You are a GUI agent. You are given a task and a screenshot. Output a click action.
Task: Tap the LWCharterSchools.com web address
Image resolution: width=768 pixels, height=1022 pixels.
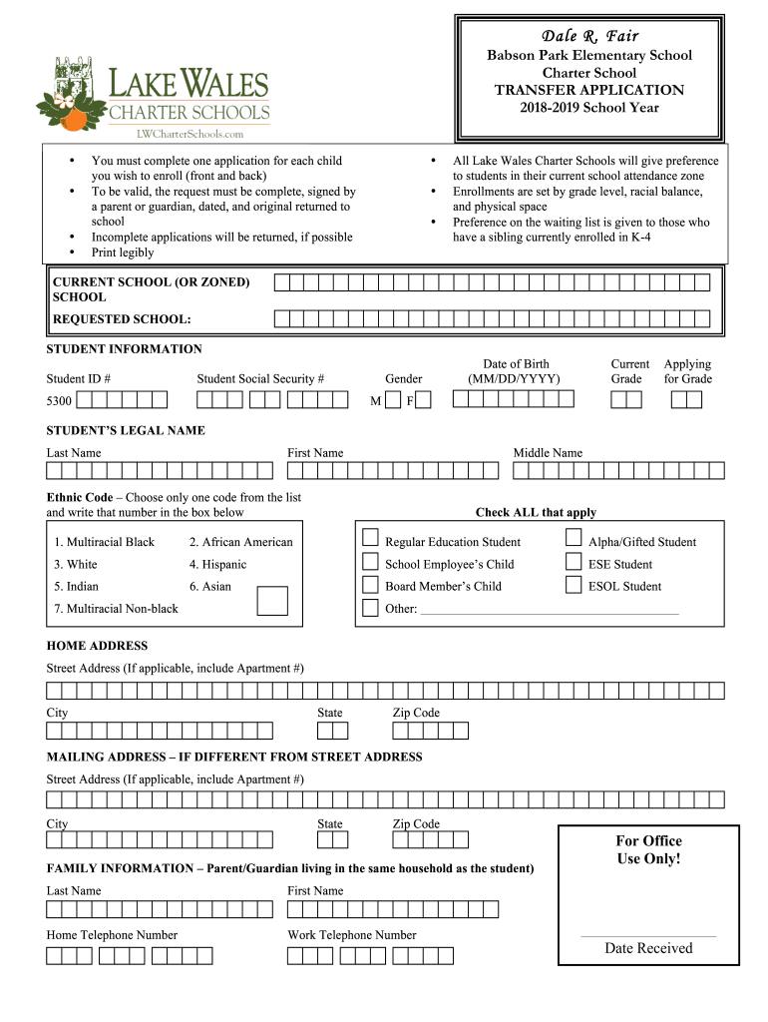coord(190,133)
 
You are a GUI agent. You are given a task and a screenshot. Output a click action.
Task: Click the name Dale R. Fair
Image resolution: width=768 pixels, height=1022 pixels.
coord(589,36)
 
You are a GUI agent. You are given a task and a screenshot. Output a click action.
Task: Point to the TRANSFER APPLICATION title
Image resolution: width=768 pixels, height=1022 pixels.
coord(589,90)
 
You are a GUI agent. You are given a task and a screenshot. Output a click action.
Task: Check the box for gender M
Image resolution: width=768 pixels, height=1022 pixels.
coord(393,400)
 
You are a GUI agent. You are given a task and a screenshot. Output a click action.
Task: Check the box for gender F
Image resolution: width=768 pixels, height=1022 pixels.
coord(423,400)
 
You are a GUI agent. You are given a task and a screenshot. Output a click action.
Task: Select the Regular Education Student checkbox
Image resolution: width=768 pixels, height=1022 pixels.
coord(370,539)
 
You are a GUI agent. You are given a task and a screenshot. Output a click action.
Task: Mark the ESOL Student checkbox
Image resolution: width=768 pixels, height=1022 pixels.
coord(574,585)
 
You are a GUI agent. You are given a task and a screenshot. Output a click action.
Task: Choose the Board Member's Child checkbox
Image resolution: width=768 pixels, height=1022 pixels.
coord(370,585)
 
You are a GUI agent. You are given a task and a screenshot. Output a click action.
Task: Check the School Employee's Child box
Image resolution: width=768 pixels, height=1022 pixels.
coord(370,562)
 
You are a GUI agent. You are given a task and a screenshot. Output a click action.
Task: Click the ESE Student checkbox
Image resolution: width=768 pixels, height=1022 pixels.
coord(574,562)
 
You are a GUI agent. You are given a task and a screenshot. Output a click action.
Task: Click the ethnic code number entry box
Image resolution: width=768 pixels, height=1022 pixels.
coord(272,601)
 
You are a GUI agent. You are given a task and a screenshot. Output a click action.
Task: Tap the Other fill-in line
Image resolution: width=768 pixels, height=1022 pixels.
coord(550,609)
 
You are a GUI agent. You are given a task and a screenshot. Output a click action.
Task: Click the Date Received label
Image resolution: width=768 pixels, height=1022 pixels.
coord(648,948)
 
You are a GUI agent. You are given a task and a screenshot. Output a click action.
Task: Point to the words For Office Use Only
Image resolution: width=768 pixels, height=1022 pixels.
coord(649,849)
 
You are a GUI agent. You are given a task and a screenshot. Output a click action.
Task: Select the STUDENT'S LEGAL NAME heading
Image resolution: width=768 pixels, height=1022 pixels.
coord(126,431)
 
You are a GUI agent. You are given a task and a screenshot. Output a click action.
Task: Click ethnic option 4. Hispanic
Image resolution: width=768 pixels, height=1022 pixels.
coord(217,565)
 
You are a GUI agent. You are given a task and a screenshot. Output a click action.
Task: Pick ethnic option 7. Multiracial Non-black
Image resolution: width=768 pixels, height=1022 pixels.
coord(116,609)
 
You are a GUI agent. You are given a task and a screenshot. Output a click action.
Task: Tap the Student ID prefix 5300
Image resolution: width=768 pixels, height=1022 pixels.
coord(59,401)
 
